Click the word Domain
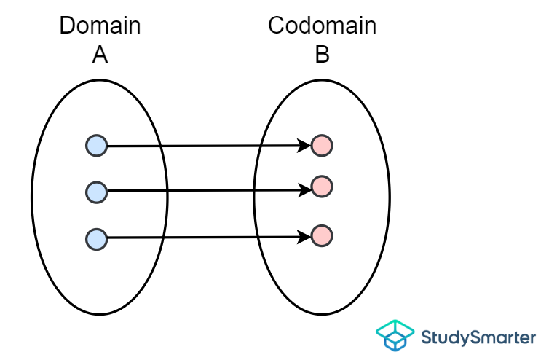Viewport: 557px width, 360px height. click(100, 26)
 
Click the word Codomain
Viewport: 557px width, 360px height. click(322, 26)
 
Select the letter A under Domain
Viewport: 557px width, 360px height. click(100, 54)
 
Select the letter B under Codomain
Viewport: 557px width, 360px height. click(322, 54)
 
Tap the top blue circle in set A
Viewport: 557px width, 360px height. click(96, 146)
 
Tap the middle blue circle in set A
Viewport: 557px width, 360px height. click(96, 192)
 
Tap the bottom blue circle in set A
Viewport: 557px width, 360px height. click(96, 238)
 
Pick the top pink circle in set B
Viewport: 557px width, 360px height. click(322, 146)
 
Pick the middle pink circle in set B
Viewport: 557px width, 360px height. click(322, 187)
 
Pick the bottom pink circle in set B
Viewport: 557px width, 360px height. click(322, 235)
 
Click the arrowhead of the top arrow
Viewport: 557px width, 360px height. click(305, 146)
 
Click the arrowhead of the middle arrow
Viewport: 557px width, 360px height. click(305, 190)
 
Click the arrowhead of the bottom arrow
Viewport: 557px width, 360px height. click(305, 236)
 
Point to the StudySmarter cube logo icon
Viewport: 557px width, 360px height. click(395, 336)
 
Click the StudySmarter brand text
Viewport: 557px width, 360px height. click(479, 337)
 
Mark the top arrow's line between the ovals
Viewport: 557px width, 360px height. click(211, 146)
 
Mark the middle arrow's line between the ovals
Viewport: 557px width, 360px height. click(211, 191)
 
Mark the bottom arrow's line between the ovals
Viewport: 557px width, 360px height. click(211, 237)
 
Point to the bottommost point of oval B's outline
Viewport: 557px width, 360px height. click(322, 314)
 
